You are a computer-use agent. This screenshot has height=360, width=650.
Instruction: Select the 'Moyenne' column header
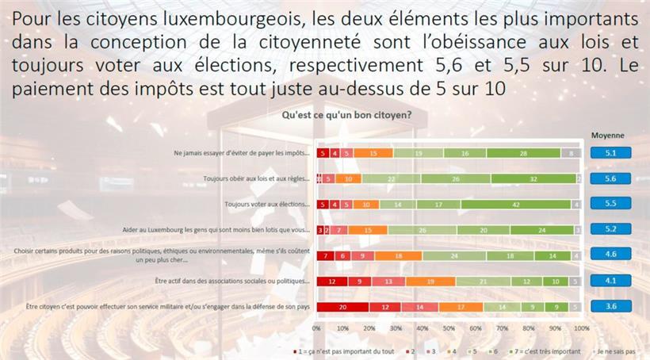[x=608, y=135]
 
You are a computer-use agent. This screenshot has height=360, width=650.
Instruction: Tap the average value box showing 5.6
[x=610, y=178]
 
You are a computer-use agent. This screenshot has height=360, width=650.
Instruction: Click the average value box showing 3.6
[x=610, y=306]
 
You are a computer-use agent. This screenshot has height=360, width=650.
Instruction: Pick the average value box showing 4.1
[x=610, y=281]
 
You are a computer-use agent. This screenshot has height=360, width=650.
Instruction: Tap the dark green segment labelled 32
[x=533, y=179]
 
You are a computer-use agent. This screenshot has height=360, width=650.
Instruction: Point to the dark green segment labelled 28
[x=523, y=153]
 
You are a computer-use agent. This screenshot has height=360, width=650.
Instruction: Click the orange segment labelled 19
[x=430, y=281]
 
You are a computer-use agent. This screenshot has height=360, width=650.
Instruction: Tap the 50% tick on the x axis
[x=449, y=327]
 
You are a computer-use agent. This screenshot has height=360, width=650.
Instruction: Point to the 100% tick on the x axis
[x=582, y=327]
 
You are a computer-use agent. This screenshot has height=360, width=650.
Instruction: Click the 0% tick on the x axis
[x=316, y=327]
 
